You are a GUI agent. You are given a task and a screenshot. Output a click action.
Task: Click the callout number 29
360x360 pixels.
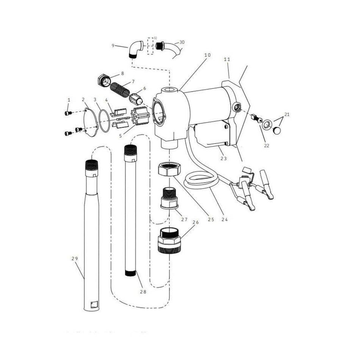click(x=74, y=258)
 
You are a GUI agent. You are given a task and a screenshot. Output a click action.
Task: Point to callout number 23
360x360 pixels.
click(x=223, y=158)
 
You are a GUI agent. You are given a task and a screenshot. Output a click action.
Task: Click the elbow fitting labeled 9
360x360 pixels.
click(x=135, y=49)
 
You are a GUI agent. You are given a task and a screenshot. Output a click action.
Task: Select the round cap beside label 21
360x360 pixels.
click(x=279, y=131)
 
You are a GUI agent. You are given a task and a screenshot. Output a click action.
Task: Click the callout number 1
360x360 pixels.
click(x=69, y=100)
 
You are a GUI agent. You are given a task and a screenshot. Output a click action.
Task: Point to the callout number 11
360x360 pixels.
click(x=227, y=59)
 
